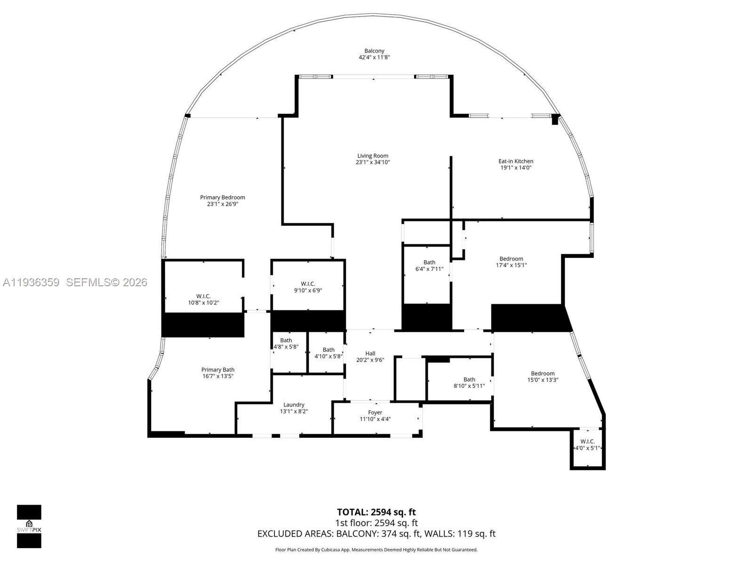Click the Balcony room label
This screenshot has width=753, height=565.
(x=374, y=51)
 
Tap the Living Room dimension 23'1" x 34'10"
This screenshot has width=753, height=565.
(x=373, y=162)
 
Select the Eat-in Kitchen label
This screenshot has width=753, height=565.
(x=516, y=161)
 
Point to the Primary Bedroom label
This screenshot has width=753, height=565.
(x=223, y=197)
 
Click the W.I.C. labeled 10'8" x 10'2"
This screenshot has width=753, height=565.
(x=203, y=299)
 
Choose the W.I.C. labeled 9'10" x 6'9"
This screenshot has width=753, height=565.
(x=308, y=287)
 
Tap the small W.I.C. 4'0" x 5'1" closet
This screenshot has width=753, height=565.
(x=587, y=445)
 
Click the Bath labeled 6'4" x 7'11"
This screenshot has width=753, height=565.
(x=429, y=266)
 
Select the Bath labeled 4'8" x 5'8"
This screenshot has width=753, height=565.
(x=286, y=343)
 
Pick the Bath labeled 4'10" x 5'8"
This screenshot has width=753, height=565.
(x=328, y=353)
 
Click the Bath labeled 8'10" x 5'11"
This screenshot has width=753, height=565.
(x=469, y=382)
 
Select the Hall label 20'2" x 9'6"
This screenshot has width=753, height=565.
(x=370, y=357)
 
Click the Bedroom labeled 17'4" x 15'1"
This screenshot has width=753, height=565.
(x=511, y=262)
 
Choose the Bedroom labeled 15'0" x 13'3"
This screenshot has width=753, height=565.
(x=543, y=377)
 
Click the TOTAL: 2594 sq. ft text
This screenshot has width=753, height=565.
(x=376, y=512)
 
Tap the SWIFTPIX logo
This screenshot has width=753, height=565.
(x=29, y=526)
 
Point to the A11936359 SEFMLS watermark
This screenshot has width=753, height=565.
(x=75, y=282)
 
